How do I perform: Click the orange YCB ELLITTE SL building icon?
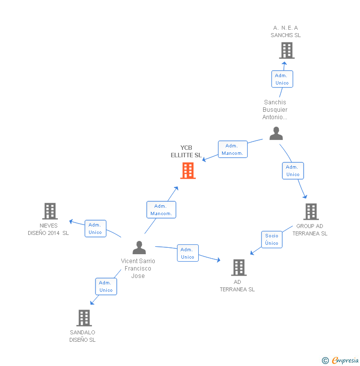[x=188, y=171]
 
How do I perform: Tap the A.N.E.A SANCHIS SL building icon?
[x=286, y=50]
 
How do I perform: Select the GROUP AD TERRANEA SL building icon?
[x=311, y=212]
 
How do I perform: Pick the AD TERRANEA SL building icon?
[x=238, y=268]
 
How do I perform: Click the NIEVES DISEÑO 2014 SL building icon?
[x=49, y=211]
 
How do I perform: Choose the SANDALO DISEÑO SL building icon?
[x=84, y=318]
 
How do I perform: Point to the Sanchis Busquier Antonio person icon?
[x=276, y=134]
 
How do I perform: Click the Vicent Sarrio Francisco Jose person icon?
[x=139, y=247]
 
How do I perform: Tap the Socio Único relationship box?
[x=271, y=239]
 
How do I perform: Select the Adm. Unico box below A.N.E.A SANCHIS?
[x=282, y=79]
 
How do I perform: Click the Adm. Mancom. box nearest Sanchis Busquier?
[x=232, y=149]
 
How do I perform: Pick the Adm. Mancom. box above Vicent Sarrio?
[x=161, y=210]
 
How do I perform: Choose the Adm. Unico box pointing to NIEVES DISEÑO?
[x=95, y=229]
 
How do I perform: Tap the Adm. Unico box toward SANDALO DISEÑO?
[x=106, y=286]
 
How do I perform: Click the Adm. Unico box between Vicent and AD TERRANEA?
[x=187, y=253]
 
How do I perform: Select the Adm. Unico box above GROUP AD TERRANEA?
[x=293, y=171]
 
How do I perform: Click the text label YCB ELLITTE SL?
[x=186, y=151]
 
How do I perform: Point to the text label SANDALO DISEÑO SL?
[x=83, y=336]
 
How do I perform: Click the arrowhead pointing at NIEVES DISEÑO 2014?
[x=71, y=221]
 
